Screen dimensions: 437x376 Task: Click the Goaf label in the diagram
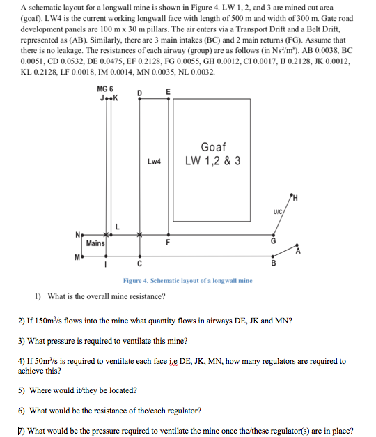coord(212,147)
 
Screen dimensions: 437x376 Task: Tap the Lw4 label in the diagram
coord(154,162)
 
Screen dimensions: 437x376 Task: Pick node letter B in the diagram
coord(273,264)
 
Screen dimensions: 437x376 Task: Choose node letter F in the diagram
coord(168,243)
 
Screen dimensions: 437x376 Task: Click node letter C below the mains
coord(140,264)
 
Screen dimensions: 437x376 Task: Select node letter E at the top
coord(168,92)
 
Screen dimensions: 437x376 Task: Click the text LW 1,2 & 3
coord(213,161)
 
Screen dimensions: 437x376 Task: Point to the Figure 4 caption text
coord(187,280)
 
